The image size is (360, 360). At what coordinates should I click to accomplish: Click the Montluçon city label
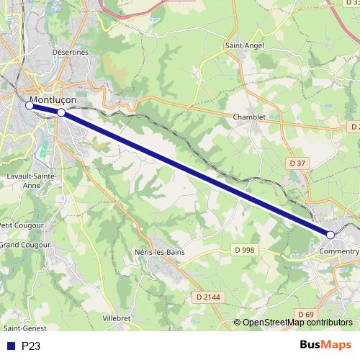pos(53,100)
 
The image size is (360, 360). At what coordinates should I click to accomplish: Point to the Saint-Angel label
pos(245,45)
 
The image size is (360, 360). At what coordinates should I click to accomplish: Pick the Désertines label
pos(70,52)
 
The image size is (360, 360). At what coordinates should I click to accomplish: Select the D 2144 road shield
pos(208,296)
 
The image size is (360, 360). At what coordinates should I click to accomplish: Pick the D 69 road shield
pos(306,315)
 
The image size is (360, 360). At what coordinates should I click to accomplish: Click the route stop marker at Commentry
pos(330,235)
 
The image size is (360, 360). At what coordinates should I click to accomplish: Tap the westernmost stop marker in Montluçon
pos(30,106)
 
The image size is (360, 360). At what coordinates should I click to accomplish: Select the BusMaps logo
pos(325,345)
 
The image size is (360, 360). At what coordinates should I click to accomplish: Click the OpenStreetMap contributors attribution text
pos(297,323)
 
